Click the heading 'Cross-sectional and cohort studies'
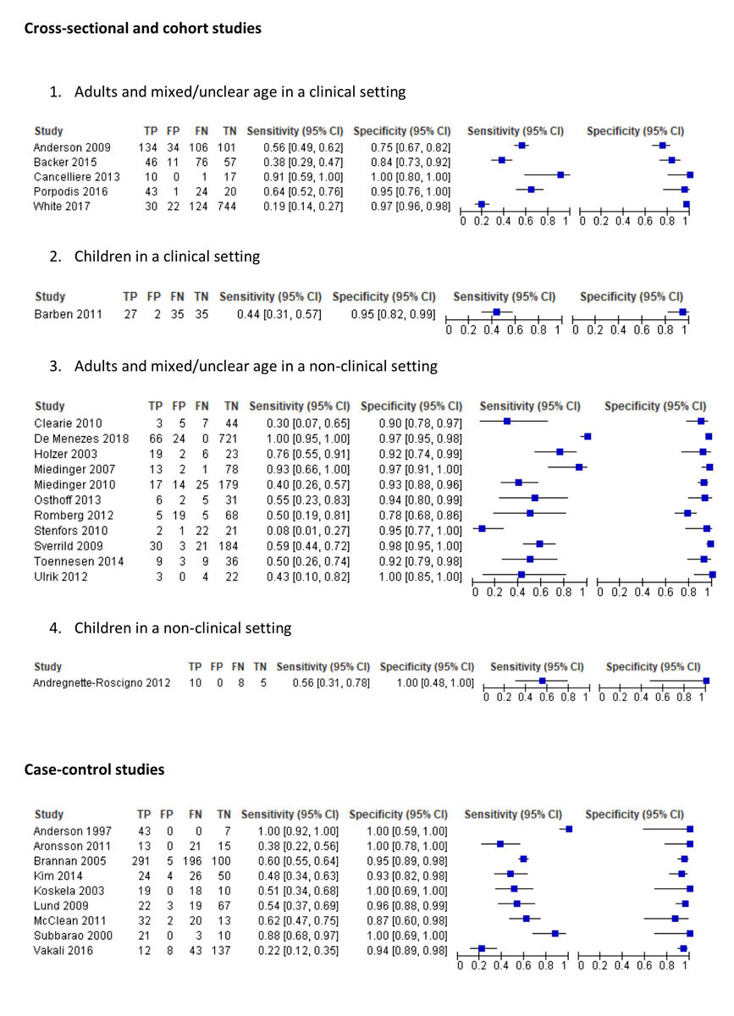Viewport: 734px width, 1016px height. [142, 29]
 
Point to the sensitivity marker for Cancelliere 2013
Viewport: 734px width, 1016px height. [560, 175]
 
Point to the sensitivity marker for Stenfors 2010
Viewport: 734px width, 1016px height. [482, 528]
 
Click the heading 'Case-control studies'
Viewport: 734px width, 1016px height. [94, 770]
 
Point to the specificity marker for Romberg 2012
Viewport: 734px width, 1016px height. [687, 513]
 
